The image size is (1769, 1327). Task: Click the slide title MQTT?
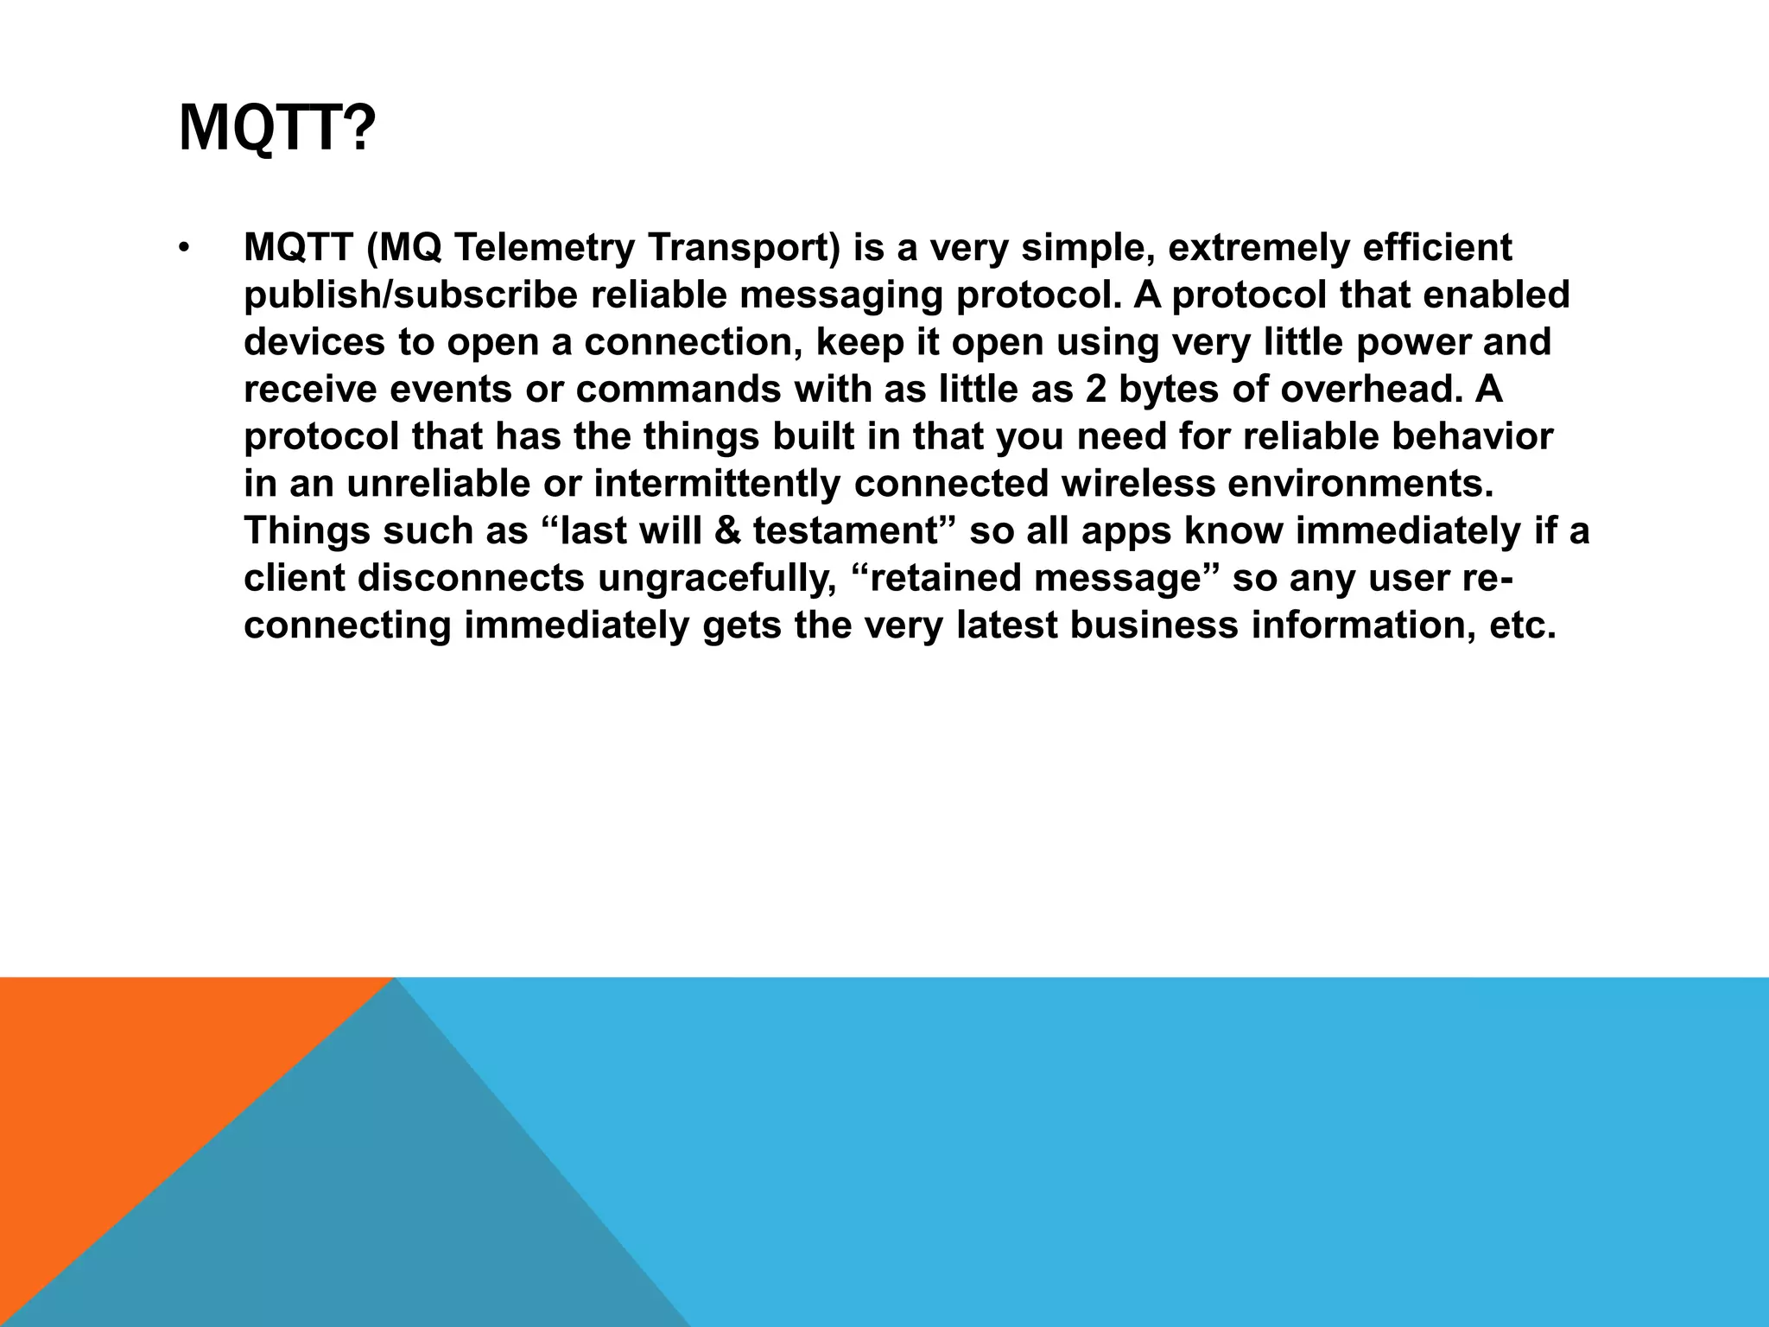(276, 128)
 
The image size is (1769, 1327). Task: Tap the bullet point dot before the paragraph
(183, 249)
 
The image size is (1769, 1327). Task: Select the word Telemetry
(543, 248)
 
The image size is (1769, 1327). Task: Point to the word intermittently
(717, 484)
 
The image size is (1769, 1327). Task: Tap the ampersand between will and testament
(728, 531)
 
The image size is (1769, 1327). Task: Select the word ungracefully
(717, 578)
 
